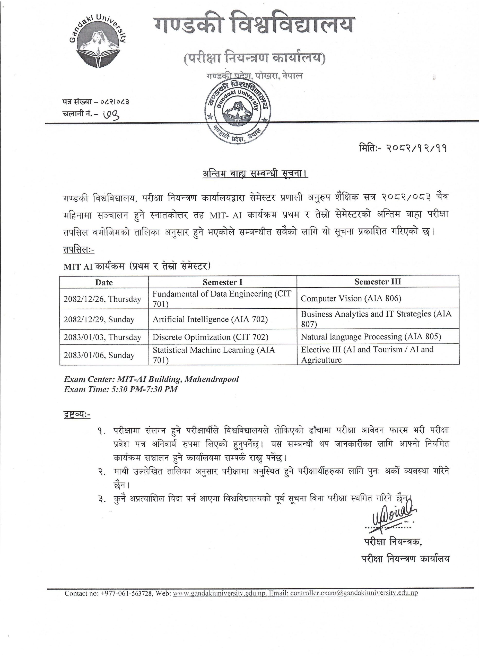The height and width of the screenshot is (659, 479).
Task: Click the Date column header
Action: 104,282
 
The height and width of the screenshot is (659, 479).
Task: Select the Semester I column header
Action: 222,282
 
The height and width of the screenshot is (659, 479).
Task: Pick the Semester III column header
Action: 378,281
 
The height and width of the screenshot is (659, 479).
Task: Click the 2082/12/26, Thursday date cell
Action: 102,299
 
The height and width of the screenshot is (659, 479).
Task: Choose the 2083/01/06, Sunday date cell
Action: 99,355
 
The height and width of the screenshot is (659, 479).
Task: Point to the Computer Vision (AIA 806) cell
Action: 351,298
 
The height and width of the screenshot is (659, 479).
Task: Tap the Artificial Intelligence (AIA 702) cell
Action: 210,319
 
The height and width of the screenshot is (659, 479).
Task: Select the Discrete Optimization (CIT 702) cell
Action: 210,337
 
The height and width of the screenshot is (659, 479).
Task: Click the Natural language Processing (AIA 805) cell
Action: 371,337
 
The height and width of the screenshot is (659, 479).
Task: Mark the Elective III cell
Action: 367,354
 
